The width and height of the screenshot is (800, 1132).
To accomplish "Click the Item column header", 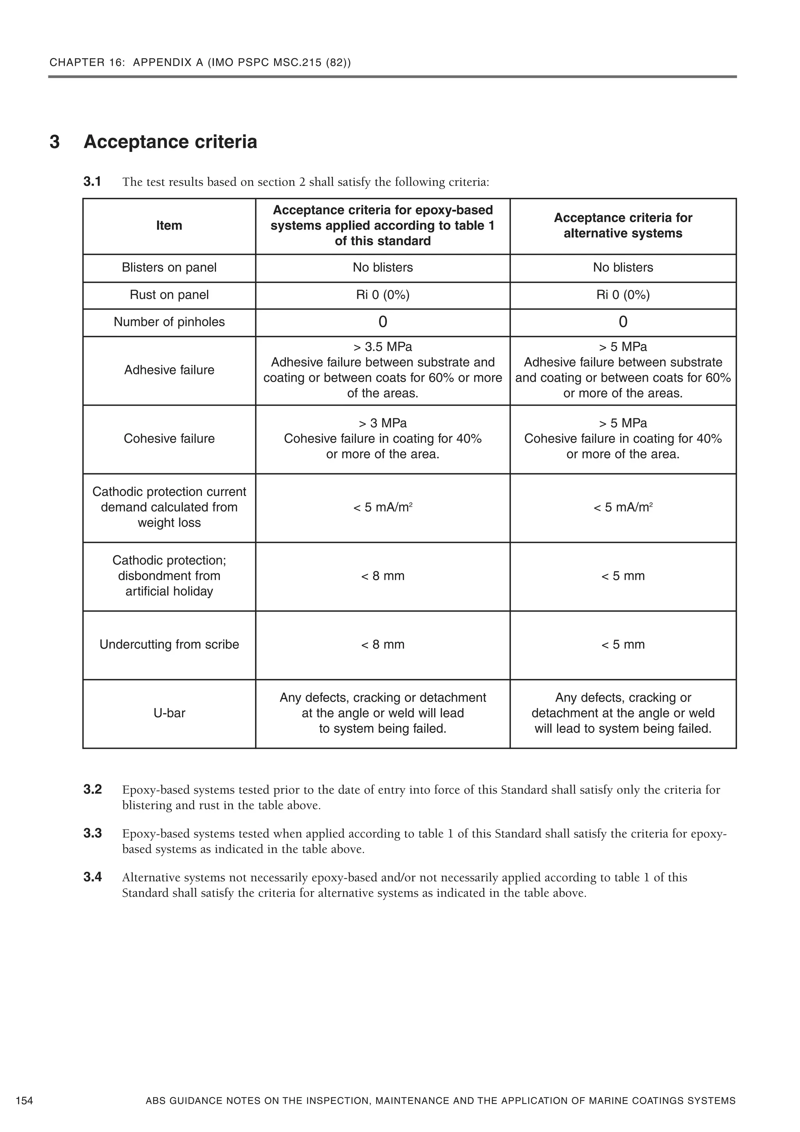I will [x=169, y=226].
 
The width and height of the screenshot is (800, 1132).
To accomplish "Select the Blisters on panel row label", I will [x=169, y=268].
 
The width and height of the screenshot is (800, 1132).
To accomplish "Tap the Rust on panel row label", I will [x=169, y=295].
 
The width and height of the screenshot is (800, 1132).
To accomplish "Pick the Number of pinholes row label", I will [x=169, y=322].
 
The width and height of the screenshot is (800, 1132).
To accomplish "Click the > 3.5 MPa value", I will [x=382, y=347].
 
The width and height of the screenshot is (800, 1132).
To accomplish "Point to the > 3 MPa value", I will [x=382, y=424].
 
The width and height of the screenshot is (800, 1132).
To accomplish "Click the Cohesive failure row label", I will [x=169, y=439].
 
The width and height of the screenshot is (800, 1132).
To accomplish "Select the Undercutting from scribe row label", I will [x=169, y=644].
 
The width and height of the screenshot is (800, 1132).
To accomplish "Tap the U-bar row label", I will [x=169, y=713].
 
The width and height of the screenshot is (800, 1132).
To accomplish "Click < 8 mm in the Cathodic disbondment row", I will [x=382, y=576].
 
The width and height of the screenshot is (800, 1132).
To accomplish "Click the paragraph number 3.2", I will [x=93, y=789].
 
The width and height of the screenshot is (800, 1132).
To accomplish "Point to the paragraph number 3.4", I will [x=93, y=877].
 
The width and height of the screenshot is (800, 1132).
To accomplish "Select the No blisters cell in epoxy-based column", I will [x=382, y=268].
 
